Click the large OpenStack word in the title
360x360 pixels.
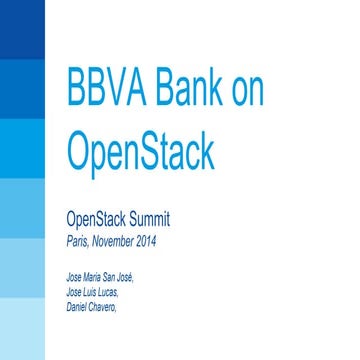pyautogui.click(x=140, y=152)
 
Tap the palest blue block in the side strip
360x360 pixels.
pyautogui.click(x=21, y=330)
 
